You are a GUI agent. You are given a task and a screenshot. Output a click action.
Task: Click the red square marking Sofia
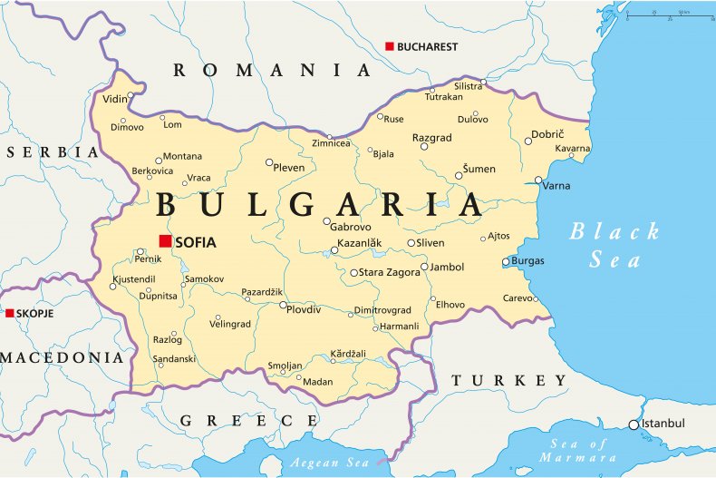(x=165, y=240)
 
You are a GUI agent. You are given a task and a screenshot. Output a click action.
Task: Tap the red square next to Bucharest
(x=390, y=46)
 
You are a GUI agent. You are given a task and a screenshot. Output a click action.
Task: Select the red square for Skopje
(x=10, y=313)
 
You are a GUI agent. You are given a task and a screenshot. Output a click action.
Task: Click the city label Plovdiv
(x=304, y=309)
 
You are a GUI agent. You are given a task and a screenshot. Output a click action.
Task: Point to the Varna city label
(x=556, y=185)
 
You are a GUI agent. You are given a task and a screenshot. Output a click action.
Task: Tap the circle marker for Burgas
(x=507, y=262)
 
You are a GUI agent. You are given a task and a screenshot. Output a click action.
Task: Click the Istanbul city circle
(x=634, y=424)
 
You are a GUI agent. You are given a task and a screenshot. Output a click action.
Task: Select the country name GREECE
(x=248, y=420)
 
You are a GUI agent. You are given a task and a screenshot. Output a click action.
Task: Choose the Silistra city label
(x=469, y=86)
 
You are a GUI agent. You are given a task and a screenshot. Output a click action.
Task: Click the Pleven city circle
(x=269, y=163)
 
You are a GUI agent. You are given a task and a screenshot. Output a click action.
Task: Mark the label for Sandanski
(x=172, y=359)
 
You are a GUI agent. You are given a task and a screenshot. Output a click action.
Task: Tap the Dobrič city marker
(x=528, y=141)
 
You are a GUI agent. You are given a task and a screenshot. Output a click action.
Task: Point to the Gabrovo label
(x=352, y=227)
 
